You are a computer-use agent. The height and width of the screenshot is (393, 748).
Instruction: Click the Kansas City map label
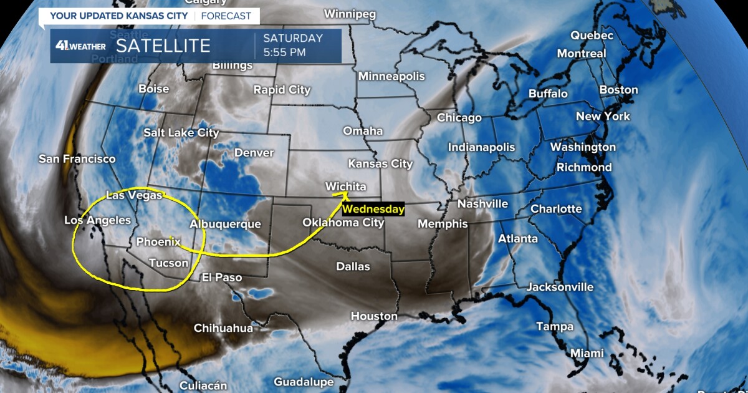380,164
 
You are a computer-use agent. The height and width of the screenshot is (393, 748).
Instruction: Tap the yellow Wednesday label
373,210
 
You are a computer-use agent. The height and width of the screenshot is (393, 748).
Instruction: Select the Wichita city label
345,187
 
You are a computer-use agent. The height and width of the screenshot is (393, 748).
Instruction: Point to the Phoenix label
158,241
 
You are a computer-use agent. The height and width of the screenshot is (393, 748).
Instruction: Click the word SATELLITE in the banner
163,46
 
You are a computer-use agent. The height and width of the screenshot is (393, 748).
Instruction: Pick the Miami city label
587,353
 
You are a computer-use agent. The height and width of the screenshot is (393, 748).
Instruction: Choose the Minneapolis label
391,76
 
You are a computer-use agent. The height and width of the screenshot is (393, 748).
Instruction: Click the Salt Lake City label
181,133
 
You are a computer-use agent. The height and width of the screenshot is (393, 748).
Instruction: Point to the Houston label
374,316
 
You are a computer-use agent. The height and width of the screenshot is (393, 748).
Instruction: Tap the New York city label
603,116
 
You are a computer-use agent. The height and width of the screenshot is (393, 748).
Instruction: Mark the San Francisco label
77,159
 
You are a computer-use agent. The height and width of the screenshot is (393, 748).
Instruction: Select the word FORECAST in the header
226,16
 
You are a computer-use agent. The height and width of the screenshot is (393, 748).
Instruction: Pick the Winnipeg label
350,14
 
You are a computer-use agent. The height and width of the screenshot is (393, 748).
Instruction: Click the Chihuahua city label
223,328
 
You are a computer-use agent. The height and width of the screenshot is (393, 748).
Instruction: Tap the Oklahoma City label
343,222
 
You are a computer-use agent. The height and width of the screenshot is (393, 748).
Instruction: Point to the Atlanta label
518,238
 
